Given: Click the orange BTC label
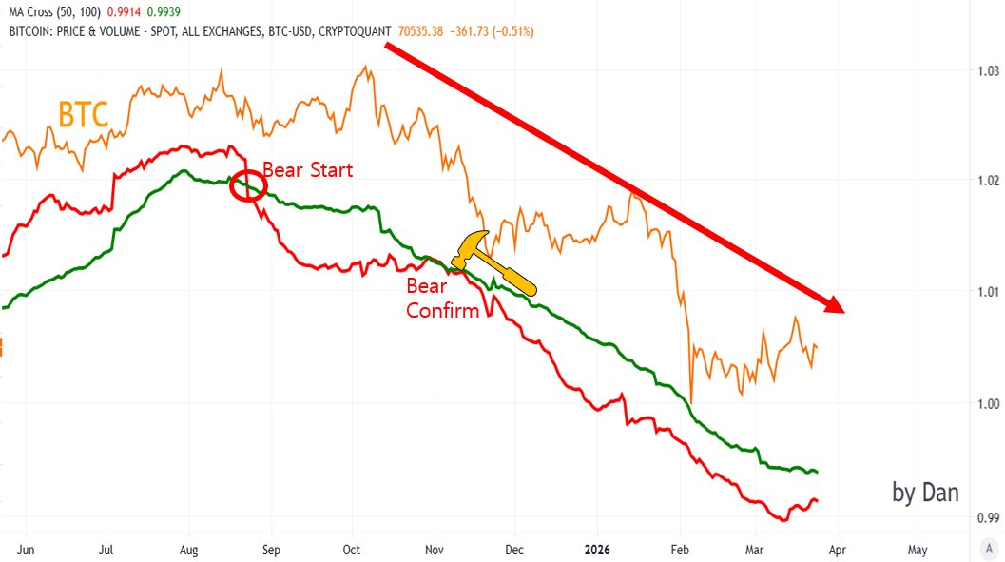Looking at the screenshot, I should [84, 114].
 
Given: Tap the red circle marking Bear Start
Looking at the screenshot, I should [248, 184].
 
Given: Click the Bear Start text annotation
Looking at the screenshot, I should [307, 170].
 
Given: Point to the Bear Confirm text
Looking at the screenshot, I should [442, 298].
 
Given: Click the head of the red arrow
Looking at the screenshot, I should [835, 305].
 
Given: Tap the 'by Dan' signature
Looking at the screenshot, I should [925, 492].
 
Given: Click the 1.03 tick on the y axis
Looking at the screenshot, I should [989, 71].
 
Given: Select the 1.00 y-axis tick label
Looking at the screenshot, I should [989, 403].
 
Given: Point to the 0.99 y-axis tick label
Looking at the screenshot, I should [989, 518].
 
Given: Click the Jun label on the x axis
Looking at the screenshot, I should [26, 550].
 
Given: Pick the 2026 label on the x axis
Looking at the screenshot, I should [598, 550].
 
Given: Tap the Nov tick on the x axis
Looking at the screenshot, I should [435, 550].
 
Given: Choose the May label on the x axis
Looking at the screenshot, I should [918, 550].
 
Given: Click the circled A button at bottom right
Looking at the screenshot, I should [990, 550].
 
